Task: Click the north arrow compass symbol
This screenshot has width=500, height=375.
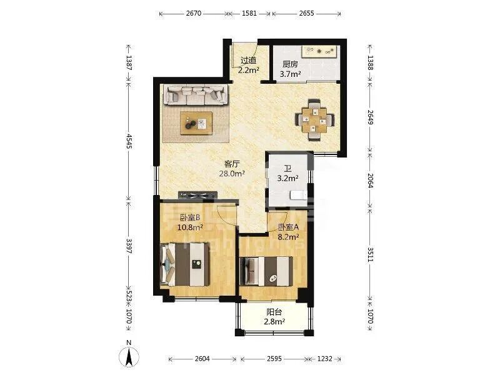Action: tap(129, 356)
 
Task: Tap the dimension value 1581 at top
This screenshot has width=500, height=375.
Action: tap(249, 13)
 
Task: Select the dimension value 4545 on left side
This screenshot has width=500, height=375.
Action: tap(129, 141)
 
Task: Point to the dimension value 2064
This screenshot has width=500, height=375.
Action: tap(370, 181)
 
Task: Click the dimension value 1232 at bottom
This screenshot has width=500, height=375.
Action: tap(324, 359)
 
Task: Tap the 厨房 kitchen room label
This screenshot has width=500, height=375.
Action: tap(290, 64)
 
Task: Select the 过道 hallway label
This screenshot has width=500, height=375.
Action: tap(248, 60)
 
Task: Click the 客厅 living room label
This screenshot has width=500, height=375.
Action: tap(232, 164)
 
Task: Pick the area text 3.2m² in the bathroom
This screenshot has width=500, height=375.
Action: tap(287, 178)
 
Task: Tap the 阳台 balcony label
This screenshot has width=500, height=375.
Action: tap(274, 312)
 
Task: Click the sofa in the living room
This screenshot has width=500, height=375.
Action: tap(196, 95)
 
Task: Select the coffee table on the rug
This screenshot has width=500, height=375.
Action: tap(196, 122)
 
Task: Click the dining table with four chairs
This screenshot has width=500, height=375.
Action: tap(314, 120)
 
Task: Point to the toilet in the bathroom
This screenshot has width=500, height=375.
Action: tap(298, 194)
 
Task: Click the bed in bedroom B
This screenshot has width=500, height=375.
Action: tap(185, 264)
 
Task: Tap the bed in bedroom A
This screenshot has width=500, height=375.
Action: tap(266, 271)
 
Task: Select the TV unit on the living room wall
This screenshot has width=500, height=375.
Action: tap(197, 196)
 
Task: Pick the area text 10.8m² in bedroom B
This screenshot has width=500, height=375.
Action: tap(191, 227)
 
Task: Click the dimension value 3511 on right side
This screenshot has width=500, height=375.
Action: tap(370, 254)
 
